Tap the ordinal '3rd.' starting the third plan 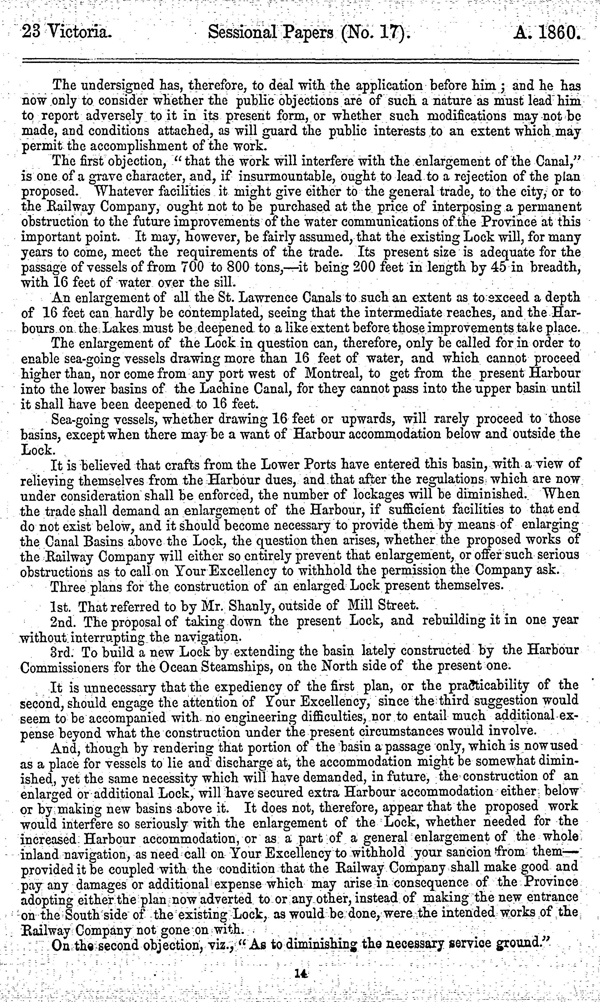click(62, 651)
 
